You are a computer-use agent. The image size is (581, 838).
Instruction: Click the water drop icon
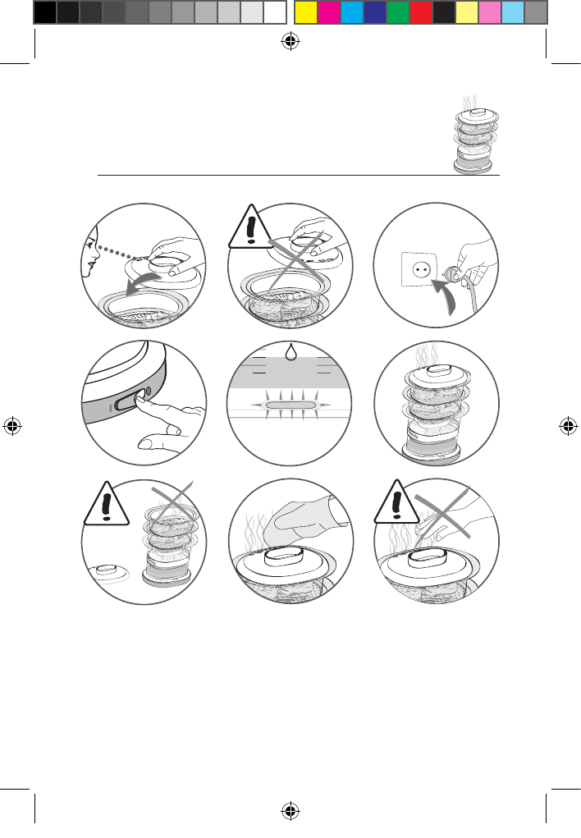coord(290,352)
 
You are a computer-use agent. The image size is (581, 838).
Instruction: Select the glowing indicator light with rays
coord(290,405)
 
